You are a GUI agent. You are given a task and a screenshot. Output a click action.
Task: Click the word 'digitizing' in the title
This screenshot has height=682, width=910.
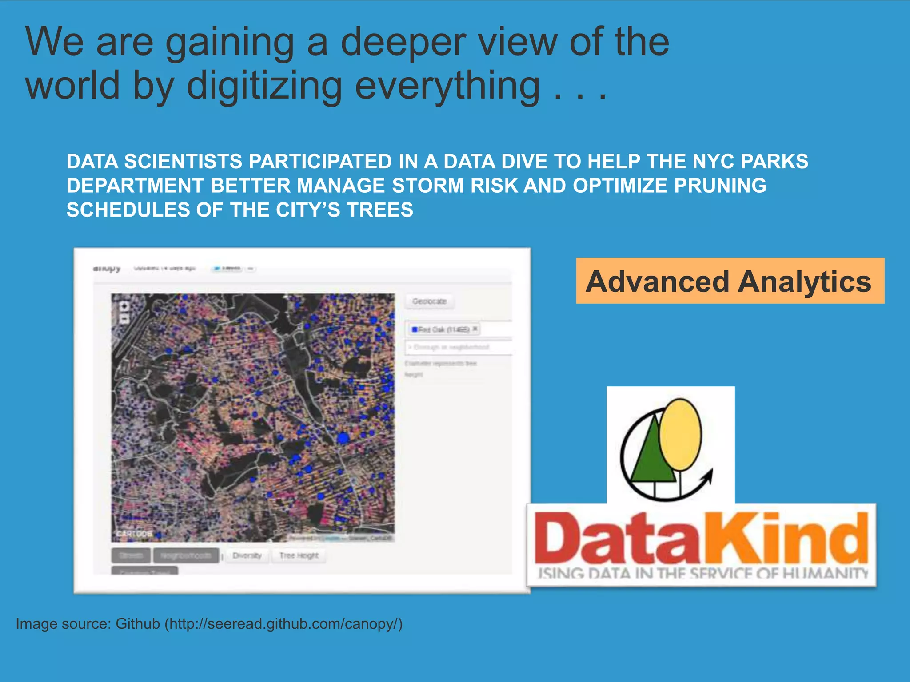tap(264, 86)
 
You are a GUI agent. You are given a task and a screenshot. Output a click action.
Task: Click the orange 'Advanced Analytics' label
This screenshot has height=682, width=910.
tap(729, 282)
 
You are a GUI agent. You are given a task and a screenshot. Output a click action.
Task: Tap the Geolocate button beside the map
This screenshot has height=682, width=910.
tap(429, 301)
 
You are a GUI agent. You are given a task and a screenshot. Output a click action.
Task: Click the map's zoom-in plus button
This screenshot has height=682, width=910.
tap(124, 306)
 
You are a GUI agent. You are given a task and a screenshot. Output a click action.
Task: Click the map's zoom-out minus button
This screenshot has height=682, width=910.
tap(124, 319)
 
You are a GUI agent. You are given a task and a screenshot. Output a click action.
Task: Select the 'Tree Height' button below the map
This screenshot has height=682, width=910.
tap(299, 555)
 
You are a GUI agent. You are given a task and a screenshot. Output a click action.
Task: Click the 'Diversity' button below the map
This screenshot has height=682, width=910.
tap(247, 555)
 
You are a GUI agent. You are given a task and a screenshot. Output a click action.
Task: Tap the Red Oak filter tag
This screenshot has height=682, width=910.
tap(443, 329)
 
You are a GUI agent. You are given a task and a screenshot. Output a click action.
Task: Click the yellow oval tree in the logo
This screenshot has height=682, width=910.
tap(680, 434)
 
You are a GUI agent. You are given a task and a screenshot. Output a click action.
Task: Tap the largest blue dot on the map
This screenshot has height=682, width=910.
tap(343, 438)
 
